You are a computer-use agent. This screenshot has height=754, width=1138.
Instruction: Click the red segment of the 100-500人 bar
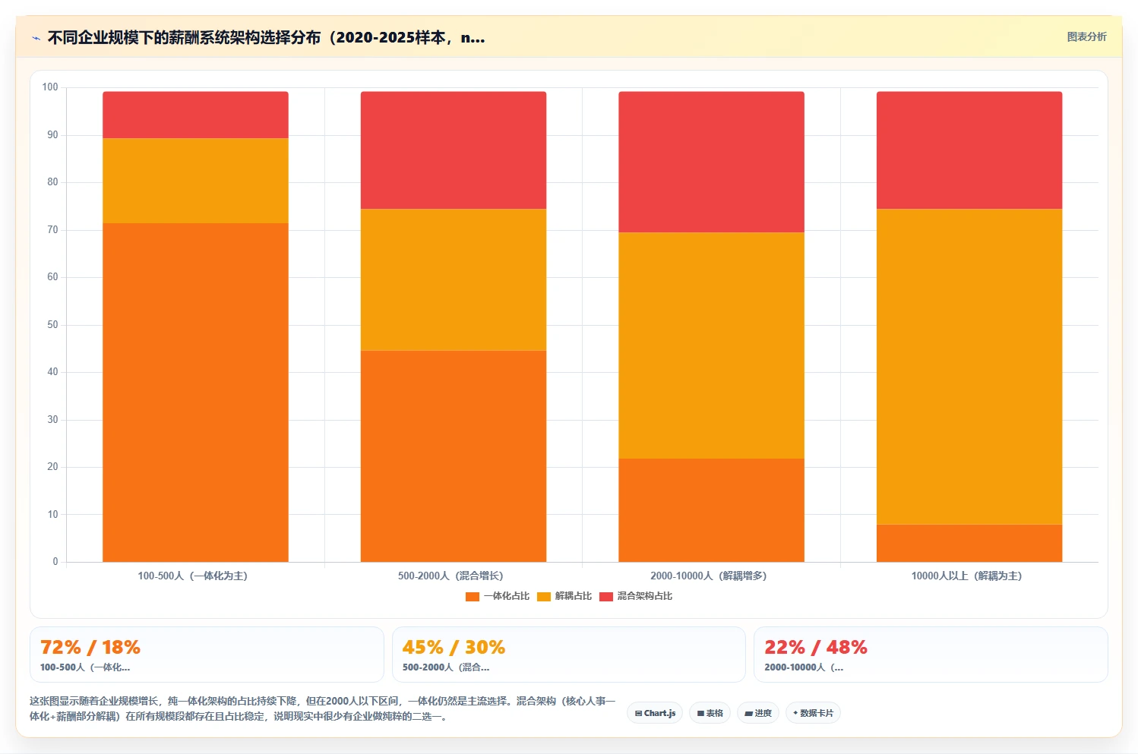pyautogui.click(x=195, y=115)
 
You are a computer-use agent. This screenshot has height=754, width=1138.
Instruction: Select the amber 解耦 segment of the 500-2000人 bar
pyautogui.click(x=454, y=279)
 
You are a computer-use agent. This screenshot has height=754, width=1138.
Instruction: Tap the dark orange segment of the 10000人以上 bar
pyautogui.click(x=969, y=543)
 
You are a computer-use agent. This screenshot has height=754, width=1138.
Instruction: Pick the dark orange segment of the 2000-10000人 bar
pyautogui.click(x=711, y=510)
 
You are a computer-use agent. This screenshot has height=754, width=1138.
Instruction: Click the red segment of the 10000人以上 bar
pyautogui.click(x=969, y=150)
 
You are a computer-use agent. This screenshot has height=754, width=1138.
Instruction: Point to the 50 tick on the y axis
pyautogui.click(x=53, y=324)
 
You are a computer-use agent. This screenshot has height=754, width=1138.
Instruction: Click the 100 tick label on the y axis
pyautogui.click(x=50, y=87)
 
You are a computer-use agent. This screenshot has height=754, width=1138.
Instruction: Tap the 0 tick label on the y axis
pyautogui.click(x=55, y=561)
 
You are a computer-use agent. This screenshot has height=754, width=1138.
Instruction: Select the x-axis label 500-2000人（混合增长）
pyautogui.click(x=450, y=576)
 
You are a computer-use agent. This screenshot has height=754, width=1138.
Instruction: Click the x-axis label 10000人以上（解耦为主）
pyautogui.click(x=967, y=576)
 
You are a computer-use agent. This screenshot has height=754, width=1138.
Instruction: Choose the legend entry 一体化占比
pyautogui.click(x=498, y=596)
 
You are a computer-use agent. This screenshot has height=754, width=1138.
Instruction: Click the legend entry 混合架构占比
pyautogui.click(x=636, y=596)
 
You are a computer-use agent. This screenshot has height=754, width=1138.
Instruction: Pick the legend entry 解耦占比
pyautogui.click(x=564, y=596)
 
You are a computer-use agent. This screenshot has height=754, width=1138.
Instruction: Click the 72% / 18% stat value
pyautogui.click(x=90, y=648)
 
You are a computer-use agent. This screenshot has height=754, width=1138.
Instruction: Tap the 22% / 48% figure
pyautogui.click(x=816, y=648)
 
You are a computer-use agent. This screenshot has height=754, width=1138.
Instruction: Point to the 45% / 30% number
pyautogui.click(x=454, y=648)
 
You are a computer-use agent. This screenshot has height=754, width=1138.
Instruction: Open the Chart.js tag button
pyautogui.click(x=655, y=713)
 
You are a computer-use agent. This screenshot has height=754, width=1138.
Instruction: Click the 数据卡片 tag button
pyautogui.click(x=813, y=713)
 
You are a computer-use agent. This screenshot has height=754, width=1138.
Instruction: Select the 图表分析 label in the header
pyautogui.click(x=1086, y=36)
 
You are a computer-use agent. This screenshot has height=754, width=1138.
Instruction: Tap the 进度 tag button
pyautogui.click(x=758, y=713)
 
